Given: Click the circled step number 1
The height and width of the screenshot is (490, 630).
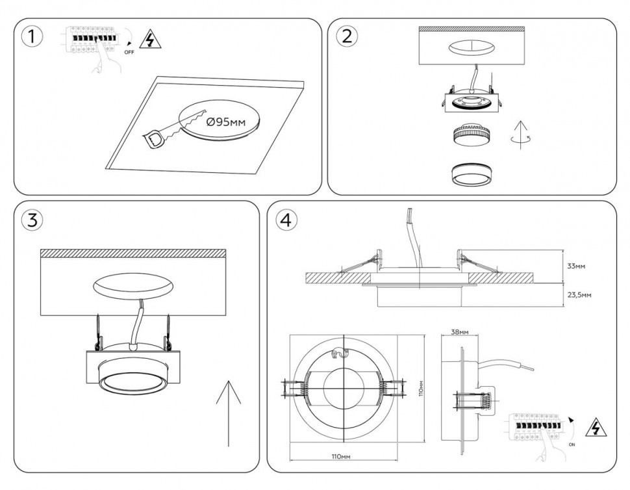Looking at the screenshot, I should (32, 36).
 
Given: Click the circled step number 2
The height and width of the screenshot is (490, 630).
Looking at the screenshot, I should (346, 36).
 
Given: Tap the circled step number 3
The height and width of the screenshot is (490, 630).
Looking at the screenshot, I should (32, 220).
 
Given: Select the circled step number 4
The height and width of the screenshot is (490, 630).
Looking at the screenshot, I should (286, 220).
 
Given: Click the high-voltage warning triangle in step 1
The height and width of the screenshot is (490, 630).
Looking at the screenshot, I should (151, 40).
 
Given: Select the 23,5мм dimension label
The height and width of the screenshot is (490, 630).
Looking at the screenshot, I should (578, 294).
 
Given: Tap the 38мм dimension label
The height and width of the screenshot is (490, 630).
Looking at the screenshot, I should (459, 332).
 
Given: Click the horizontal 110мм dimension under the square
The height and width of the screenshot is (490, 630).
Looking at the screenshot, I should (340, 458).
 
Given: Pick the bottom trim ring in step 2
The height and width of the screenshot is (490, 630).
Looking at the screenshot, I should (470, 174).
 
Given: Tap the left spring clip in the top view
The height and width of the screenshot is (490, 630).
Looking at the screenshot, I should (294, 388).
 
